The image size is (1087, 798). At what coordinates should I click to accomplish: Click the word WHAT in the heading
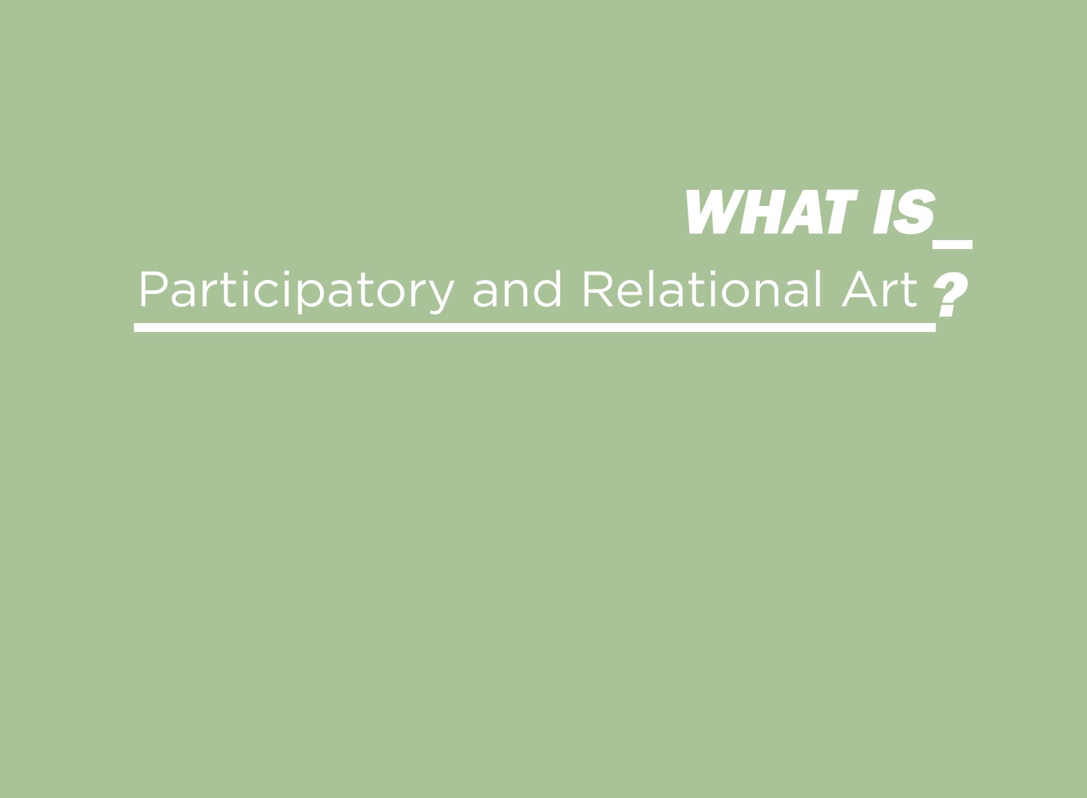point(771,212)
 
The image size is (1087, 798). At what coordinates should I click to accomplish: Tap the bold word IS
point(904,212)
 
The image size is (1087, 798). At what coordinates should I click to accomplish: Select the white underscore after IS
point(952,245)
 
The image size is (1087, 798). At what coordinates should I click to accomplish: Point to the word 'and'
point(517,289)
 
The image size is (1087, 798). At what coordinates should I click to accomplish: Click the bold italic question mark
point(950,295)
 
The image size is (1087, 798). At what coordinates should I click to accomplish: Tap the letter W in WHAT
point(711,212)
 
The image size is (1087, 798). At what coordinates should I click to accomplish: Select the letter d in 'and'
point(547,289)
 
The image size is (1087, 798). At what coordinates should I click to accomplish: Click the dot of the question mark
point(947,311)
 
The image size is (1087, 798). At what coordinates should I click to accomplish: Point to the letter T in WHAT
point(840,212)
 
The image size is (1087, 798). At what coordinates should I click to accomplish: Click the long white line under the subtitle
point(534,328)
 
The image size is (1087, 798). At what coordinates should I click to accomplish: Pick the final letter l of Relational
point(818,289)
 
